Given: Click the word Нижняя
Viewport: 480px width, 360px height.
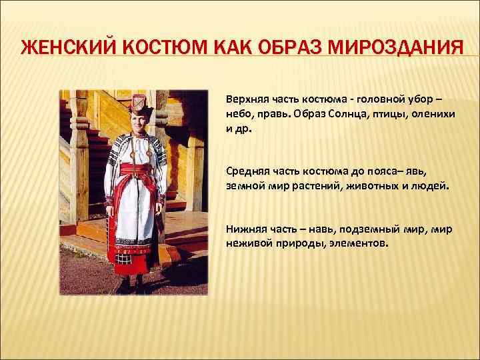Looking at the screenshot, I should tap(245, 229).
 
